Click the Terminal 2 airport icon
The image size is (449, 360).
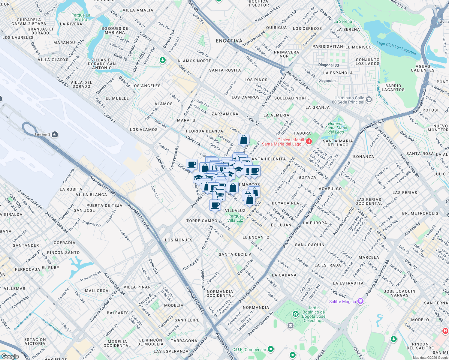click(55, 134)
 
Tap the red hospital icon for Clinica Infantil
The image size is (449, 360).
click(309, 141)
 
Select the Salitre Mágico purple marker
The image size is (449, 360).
click(360, 301)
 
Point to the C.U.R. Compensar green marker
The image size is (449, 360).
click(271, 349)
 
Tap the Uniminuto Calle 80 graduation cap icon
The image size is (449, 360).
click(369, 100)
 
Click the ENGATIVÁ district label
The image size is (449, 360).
click(229, 41)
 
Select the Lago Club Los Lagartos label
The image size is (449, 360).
click(396, 48)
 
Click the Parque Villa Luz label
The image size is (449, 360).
click(235, 218)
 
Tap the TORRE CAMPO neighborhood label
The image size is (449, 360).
click(202, 221)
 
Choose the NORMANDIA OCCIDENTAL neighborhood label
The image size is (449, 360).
click(220, 293)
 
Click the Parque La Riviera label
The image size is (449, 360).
click(81, 17)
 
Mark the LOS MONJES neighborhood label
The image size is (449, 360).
click(179, 240)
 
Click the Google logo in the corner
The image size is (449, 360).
click(10, 356)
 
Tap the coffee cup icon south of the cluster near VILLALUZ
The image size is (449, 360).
click(215, 205)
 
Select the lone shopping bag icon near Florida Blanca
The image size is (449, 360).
click(243, 139)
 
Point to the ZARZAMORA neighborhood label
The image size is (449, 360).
click(225, 114)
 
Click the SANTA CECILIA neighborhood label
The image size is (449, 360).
click(235, 254)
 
